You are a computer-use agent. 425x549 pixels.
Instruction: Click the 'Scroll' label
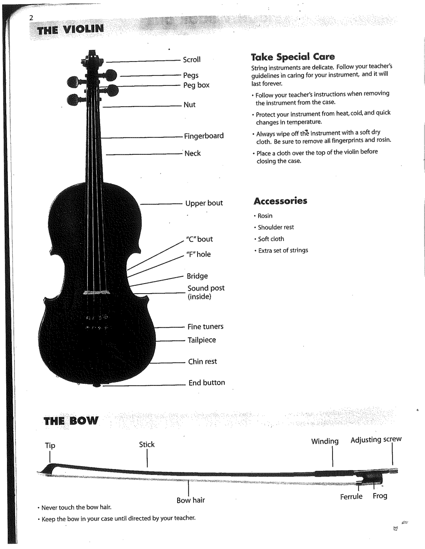(x=191, y=60)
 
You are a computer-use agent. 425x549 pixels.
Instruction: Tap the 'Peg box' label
(x=196, y=85)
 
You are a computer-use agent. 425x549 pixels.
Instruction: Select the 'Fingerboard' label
(x=204, y=136)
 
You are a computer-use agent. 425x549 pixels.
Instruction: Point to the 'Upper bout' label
(x=204, y=203)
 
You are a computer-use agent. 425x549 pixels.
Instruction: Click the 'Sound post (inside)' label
(x=206, y=292)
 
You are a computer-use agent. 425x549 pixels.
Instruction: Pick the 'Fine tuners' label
(x=205, y=327)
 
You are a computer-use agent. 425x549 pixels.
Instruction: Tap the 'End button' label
(x=207, y=382)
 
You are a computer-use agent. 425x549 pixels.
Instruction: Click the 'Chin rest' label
(x=202, y=362)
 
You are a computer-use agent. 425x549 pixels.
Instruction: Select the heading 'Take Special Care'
(x=293, y=57)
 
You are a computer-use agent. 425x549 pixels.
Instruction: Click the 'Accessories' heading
(x=280, y=201)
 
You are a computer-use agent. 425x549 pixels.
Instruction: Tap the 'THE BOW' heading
(x=72, y=421)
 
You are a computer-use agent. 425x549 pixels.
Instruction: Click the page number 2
(x=31, y=18)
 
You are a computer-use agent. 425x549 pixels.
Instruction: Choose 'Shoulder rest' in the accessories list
(x=276, y=227)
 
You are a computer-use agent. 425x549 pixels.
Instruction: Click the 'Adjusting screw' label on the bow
(x=376, y=440)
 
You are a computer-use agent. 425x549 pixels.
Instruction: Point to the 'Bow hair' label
(x=191, y=500)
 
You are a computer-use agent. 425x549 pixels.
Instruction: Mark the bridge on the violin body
(x=97, y=293)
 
